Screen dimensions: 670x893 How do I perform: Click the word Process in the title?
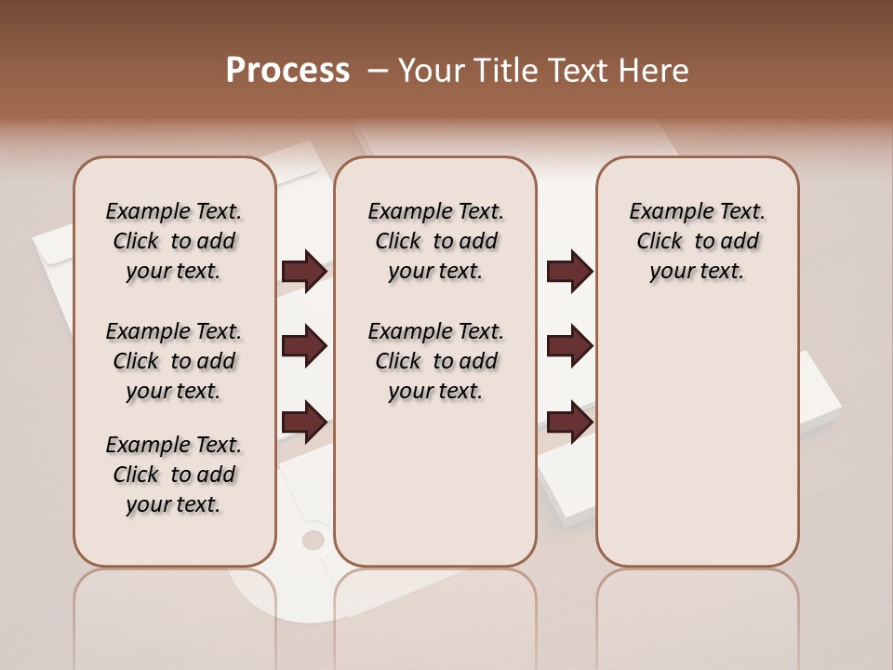click(x=287, y=71)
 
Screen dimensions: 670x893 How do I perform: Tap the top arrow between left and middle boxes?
click(x=304, y=272)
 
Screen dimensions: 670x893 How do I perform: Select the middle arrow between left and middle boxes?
click(x=304, y=346)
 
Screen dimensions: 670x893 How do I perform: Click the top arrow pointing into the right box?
click(x=569, y=272)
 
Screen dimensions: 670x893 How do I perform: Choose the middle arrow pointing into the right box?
click(x=569, y=346)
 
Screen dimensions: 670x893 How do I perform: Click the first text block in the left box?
click(x=174, y=241)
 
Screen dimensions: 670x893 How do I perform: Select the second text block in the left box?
click(x=174, y=361)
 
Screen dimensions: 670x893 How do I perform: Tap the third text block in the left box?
click(x=174, y=475)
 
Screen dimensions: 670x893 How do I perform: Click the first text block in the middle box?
click(x=435, y=241)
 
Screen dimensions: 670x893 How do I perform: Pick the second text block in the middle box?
click(x=435, y=361)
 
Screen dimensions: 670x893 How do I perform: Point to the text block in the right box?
click(x=697, y=241)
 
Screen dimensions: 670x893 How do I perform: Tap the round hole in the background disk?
click(x=313, y=540)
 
